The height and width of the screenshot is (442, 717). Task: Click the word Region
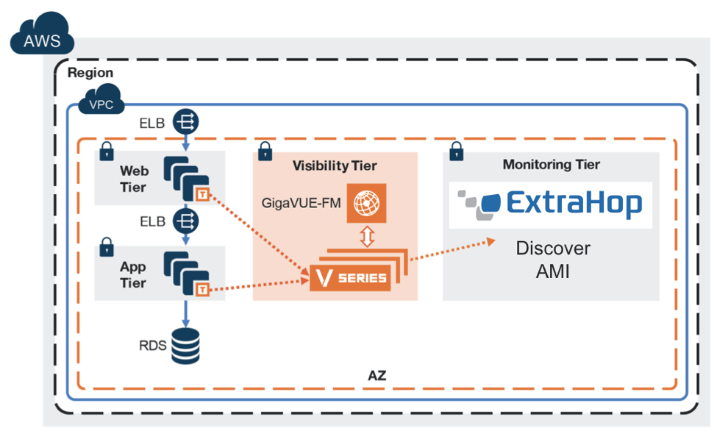click(x=90, y=73)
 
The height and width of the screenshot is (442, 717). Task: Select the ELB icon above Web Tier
click(x=185, y=121)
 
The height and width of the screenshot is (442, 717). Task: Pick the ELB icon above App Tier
click(x=185, y=221)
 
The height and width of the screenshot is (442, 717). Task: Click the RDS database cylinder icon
click(x=185, y=346)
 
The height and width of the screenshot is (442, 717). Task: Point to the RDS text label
click(x=152, y=346)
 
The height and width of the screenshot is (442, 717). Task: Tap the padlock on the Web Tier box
click(x=107, y=152)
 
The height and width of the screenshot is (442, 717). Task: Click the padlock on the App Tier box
click(x=107, y=247)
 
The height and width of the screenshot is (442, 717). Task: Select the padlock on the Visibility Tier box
click(x=265, y=152)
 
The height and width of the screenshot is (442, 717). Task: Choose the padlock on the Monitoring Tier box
click(x=457, y=152)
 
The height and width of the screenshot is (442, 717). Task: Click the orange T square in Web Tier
click(x=202, y=194)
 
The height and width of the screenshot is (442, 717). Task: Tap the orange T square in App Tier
click(x=202, y=289)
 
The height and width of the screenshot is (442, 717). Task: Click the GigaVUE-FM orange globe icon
click(x=366, y=203)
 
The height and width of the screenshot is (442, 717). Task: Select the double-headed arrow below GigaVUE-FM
click(x=367, y=237)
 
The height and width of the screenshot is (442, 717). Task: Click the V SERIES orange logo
click(x=350, y=278)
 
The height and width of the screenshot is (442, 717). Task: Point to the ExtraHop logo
click(x=550, y=204)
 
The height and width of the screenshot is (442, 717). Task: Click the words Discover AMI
click(x=553, y=260)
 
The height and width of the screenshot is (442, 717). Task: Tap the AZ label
click(x=377, y=376)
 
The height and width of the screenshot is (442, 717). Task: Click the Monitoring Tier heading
click(x=552, y=165)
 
